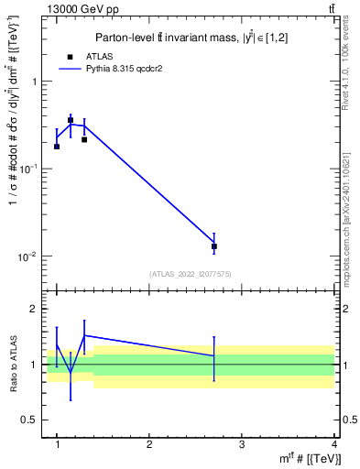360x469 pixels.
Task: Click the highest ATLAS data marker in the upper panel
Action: [x=71, y=120]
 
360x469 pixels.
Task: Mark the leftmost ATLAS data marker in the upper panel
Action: [x=57, y=147]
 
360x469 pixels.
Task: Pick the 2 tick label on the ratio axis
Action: [x=35, y=310]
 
